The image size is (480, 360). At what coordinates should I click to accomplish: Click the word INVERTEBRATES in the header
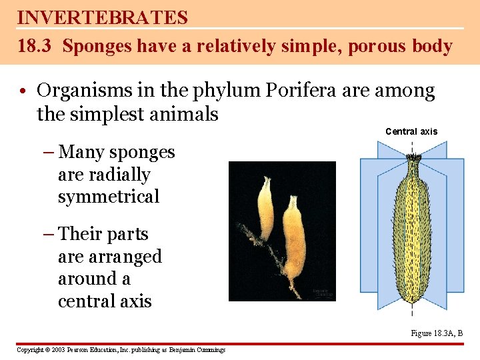pyautogui.click(x=103, y=17)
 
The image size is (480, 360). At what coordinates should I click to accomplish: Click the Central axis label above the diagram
pyautogui.click(x=411, y=131)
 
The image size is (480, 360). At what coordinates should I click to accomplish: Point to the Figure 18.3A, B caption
pyautogui.click(x=437, y=333)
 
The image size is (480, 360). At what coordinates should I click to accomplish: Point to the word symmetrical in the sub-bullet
pyautogui.click(x=109, y=197)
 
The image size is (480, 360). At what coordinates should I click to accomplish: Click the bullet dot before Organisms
pyautogui.click(x=23, y=91)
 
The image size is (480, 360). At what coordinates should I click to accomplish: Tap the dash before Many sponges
pyautogui.click(x=50, y=153)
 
